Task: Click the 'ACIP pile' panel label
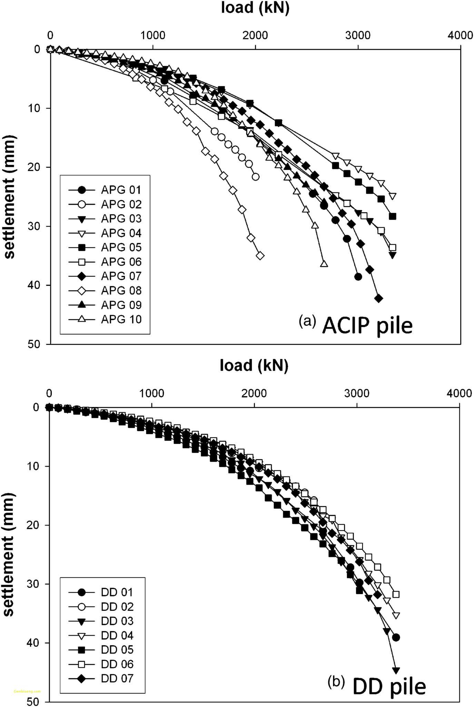pos(367,326)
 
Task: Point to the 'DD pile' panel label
pos(389,687)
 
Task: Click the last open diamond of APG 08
pos(260,256)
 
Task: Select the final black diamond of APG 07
pos(378,298)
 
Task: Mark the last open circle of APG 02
pos(256,177)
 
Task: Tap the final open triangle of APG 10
pos(324,264)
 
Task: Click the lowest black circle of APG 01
pos(358,277)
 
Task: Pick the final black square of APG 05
pos(392,216)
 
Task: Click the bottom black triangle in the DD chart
pos(396,671)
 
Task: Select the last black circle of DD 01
pos(396,638)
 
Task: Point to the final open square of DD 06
pos(396,594)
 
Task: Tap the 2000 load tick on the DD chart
pos(254,393)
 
